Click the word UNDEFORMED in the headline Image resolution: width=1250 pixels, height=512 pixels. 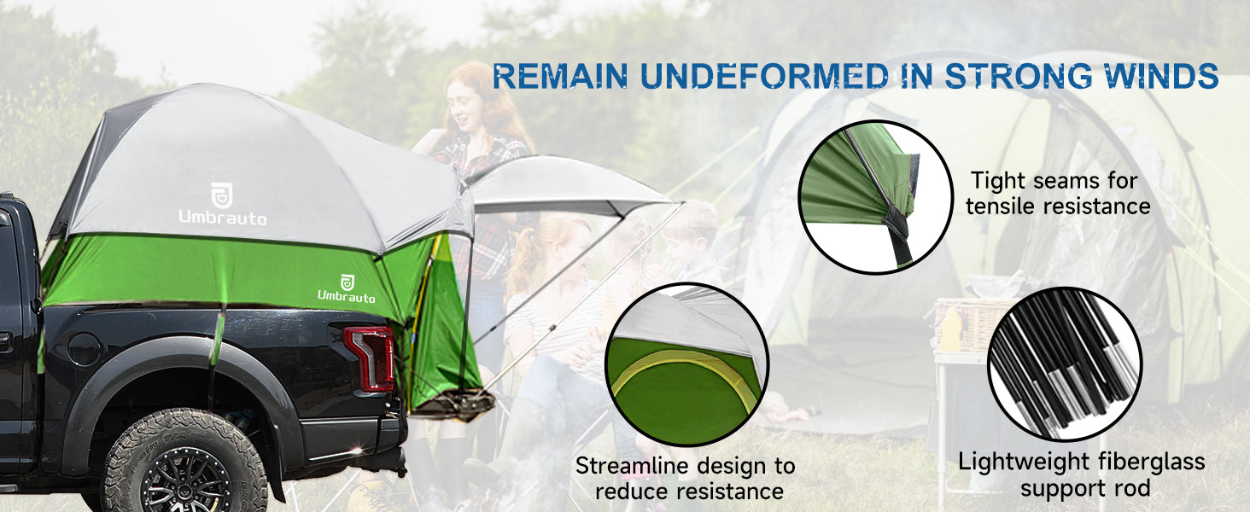click(764, 76)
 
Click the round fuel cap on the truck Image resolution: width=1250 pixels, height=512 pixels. click(84, 350)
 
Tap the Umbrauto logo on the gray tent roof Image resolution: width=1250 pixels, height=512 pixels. click(222, 204)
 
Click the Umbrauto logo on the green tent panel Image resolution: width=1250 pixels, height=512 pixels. click(347, 289)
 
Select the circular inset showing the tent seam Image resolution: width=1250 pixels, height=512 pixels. click(875, 197)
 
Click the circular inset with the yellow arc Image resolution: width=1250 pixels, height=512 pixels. click(687, 364)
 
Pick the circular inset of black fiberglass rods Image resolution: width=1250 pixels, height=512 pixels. click(1065, 364)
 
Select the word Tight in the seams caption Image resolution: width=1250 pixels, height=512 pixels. click(997, 181)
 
